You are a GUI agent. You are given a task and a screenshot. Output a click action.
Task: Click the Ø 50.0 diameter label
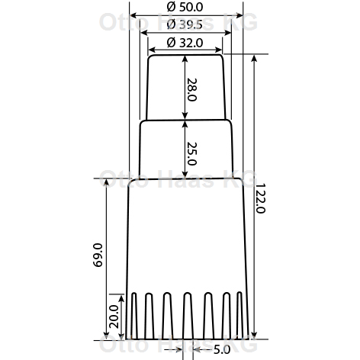point(185,7)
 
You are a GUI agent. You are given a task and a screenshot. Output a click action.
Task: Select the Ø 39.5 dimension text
point(185,24)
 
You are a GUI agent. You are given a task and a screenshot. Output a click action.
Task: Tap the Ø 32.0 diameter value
point(185,43)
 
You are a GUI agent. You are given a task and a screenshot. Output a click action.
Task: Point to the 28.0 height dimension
point(192,90)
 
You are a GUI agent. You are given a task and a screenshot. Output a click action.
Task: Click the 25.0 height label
point(192,153)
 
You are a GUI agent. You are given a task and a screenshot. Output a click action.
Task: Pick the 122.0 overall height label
point(260,198)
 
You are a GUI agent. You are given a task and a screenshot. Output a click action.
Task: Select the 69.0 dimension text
point(98,255)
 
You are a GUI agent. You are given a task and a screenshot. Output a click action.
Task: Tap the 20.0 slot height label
point(114,317)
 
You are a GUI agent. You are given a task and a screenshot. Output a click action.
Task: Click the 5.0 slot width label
point(222,350)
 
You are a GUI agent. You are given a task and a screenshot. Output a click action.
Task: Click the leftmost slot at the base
point(134,316)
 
